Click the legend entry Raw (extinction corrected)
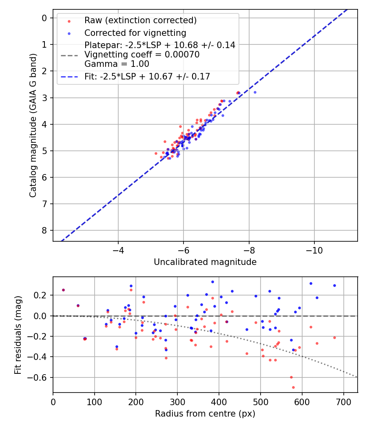click(140, 20)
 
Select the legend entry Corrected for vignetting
click(135, 33)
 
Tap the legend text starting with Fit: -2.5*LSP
click(147, 76)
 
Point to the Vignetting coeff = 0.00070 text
click(142, 55)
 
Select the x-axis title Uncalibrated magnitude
click(205, 262)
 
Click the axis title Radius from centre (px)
click(205, 414)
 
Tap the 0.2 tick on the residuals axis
click(43, 295)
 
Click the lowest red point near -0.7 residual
click(293, 387)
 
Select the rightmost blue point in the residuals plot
click(334, 285)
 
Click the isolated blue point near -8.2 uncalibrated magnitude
click(255, 92)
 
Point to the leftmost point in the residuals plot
click(63, 290)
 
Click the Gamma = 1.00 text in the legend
click(117, 64)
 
